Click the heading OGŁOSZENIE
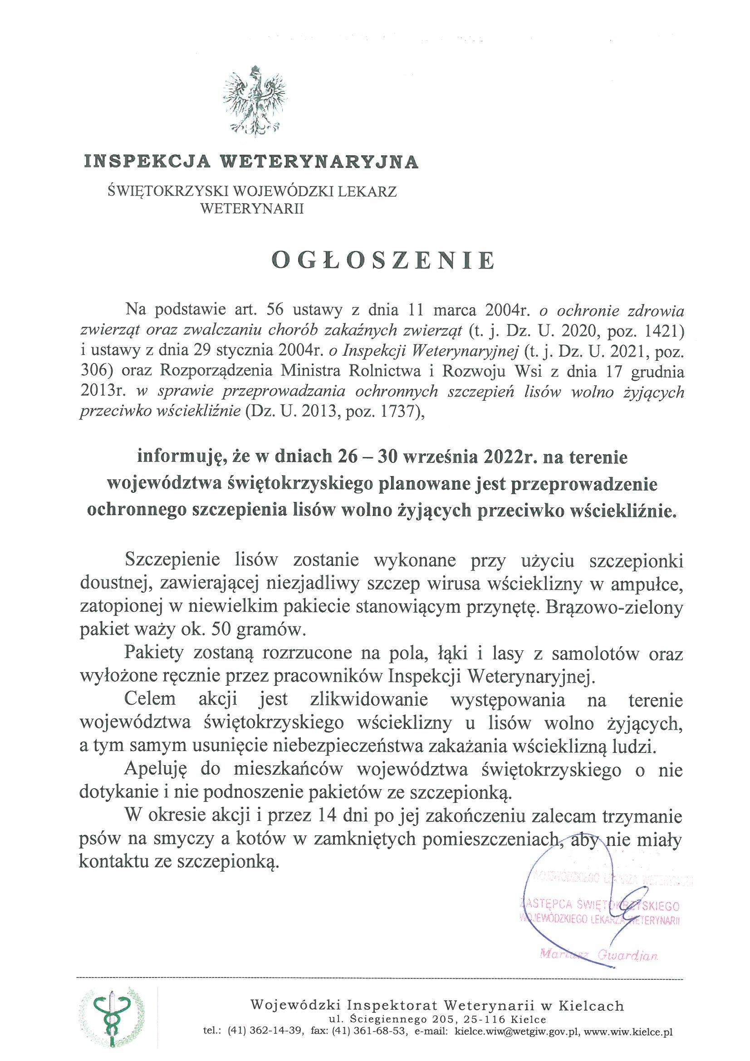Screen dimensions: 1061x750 383,260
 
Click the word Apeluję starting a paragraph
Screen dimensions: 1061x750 155,770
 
